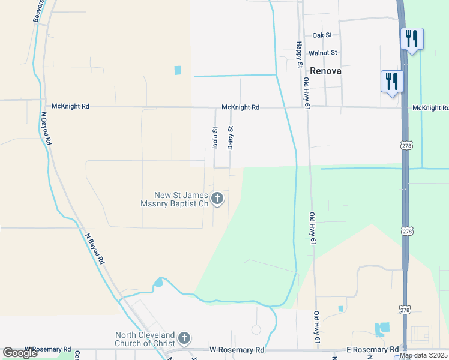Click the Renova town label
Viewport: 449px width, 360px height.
[x=327, y=71]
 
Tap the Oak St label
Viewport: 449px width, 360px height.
[x=322, y=35]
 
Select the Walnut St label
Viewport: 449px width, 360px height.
[x=323, y=53]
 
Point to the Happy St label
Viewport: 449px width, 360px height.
[x=298, y=55]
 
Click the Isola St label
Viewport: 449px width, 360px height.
[x=215, y=137]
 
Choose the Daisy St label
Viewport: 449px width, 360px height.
[x=230, y=137]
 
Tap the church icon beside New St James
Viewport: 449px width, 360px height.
[x=217, y=199]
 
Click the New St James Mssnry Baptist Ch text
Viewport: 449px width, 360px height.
[x=181, y=199]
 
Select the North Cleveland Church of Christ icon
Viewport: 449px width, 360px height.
[x=184, y=338]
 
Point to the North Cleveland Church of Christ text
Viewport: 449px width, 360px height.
[x=145, y=338]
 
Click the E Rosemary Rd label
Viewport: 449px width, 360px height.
[x=373, y=349]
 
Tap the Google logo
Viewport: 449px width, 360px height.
[x=20, y=353]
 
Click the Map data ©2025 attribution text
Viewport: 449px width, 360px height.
[x=424, y=355]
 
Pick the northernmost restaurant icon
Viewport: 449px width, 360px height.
[x=412, y=39]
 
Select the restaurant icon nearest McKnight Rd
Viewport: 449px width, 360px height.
[x=391, y=82]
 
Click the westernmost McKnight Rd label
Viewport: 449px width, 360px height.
[x=71, y=106]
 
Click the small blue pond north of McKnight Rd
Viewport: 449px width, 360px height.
[x=178, y=70]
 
